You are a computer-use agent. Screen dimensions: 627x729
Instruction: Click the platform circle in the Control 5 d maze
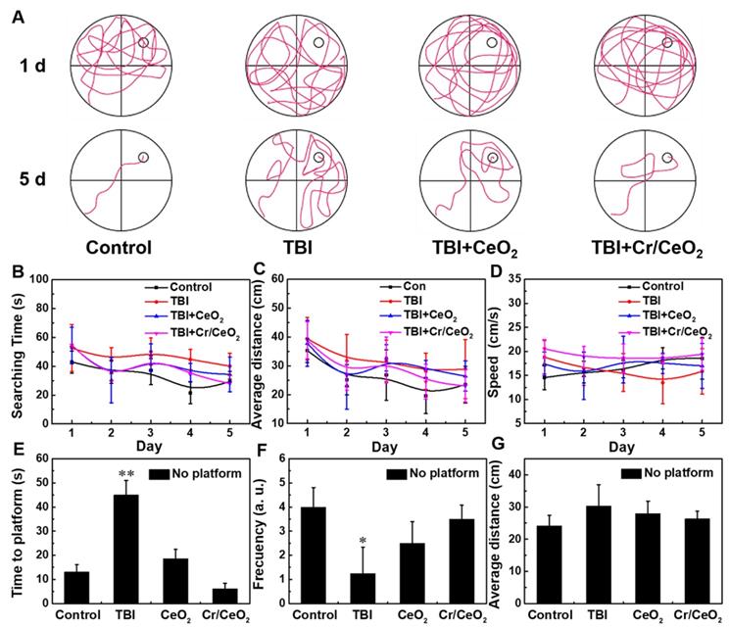pyautogui.click(x=143, y=158)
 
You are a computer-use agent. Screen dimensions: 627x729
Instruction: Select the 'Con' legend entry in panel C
pyautogui.click(x=387, y=286)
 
